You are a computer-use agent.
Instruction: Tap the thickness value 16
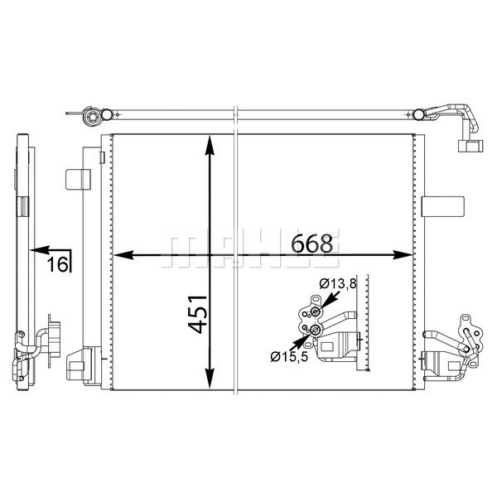pos(56,264)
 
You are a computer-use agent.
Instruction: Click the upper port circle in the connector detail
pos(314,312)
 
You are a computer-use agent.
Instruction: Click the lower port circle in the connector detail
pos(316,331)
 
